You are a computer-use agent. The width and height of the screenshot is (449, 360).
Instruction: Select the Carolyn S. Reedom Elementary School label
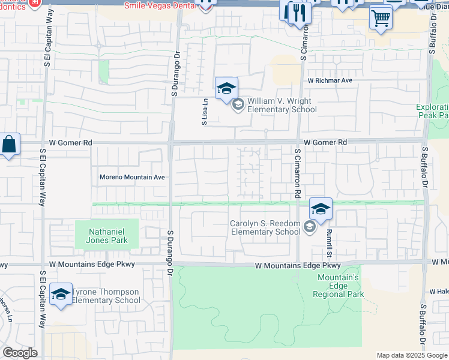tap(265, 227)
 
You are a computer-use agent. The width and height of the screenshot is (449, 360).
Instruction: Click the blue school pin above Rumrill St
tap(321, 209)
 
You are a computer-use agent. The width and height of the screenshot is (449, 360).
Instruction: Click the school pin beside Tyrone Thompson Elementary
tap(61, 294)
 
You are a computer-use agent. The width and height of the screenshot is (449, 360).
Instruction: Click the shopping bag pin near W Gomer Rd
tap(9, 145)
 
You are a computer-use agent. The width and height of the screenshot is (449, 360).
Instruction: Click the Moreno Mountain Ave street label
tap(132, 178)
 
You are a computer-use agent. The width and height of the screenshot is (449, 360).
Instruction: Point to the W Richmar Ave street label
tap(330, 80)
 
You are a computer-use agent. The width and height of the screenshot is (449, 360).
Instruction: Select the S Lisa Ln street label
tap(205, 112)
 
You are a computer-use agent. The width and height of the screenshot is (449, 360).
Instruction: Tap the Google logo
tap(20, 353)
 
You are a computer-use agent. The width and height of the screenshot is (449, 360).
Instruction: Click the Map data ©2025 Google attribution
tap(412, 355)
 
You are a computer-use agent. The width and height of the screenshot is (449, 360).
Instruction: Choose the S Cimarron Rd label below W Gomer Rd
tap(297, 174)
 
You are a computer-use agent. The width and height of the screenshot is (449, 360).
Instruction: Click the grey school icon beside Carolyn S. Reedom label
tap(309, 227)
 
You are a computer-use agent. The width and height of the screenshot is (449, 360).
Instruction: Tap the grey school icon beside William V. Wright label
tap(238, 106)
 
